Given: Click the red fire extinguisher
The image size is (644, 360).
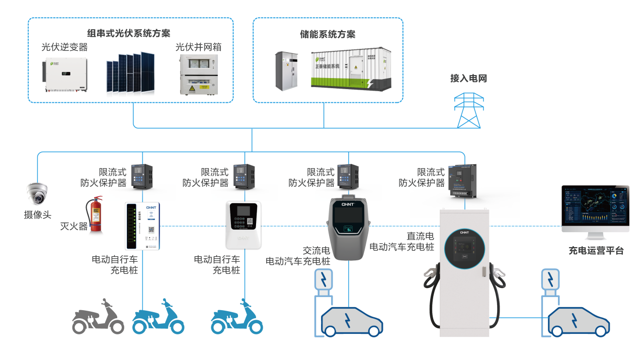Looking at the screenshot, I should click(x=95, y=217).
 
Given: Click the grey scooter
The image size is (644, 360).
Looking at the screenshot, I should click(x=98, y=318).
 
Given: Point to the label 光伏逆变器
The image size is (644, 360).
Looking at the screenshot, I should click(x=64, y=47).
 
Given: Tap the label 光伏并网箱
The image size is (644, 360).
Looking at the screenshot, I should click(x=198, y=47).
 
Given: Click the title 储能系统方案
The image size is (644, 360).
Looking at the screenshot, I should click(x=328, y=34).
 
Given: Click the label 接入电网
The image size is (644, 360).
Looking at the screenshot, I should click(x=468, y=79).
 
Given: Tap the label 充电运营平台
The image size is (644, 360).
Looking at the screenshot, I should click(x=596, y=250).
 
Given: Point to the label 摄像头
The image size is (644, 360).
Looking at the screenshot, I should click(x=38, y=215).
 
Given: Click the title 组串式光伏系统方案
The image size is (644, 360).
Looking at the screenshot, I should click(x=129, y=33).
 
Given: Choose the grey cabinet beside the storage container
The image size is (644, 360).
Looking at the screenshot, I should click(x=286, y=71).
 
